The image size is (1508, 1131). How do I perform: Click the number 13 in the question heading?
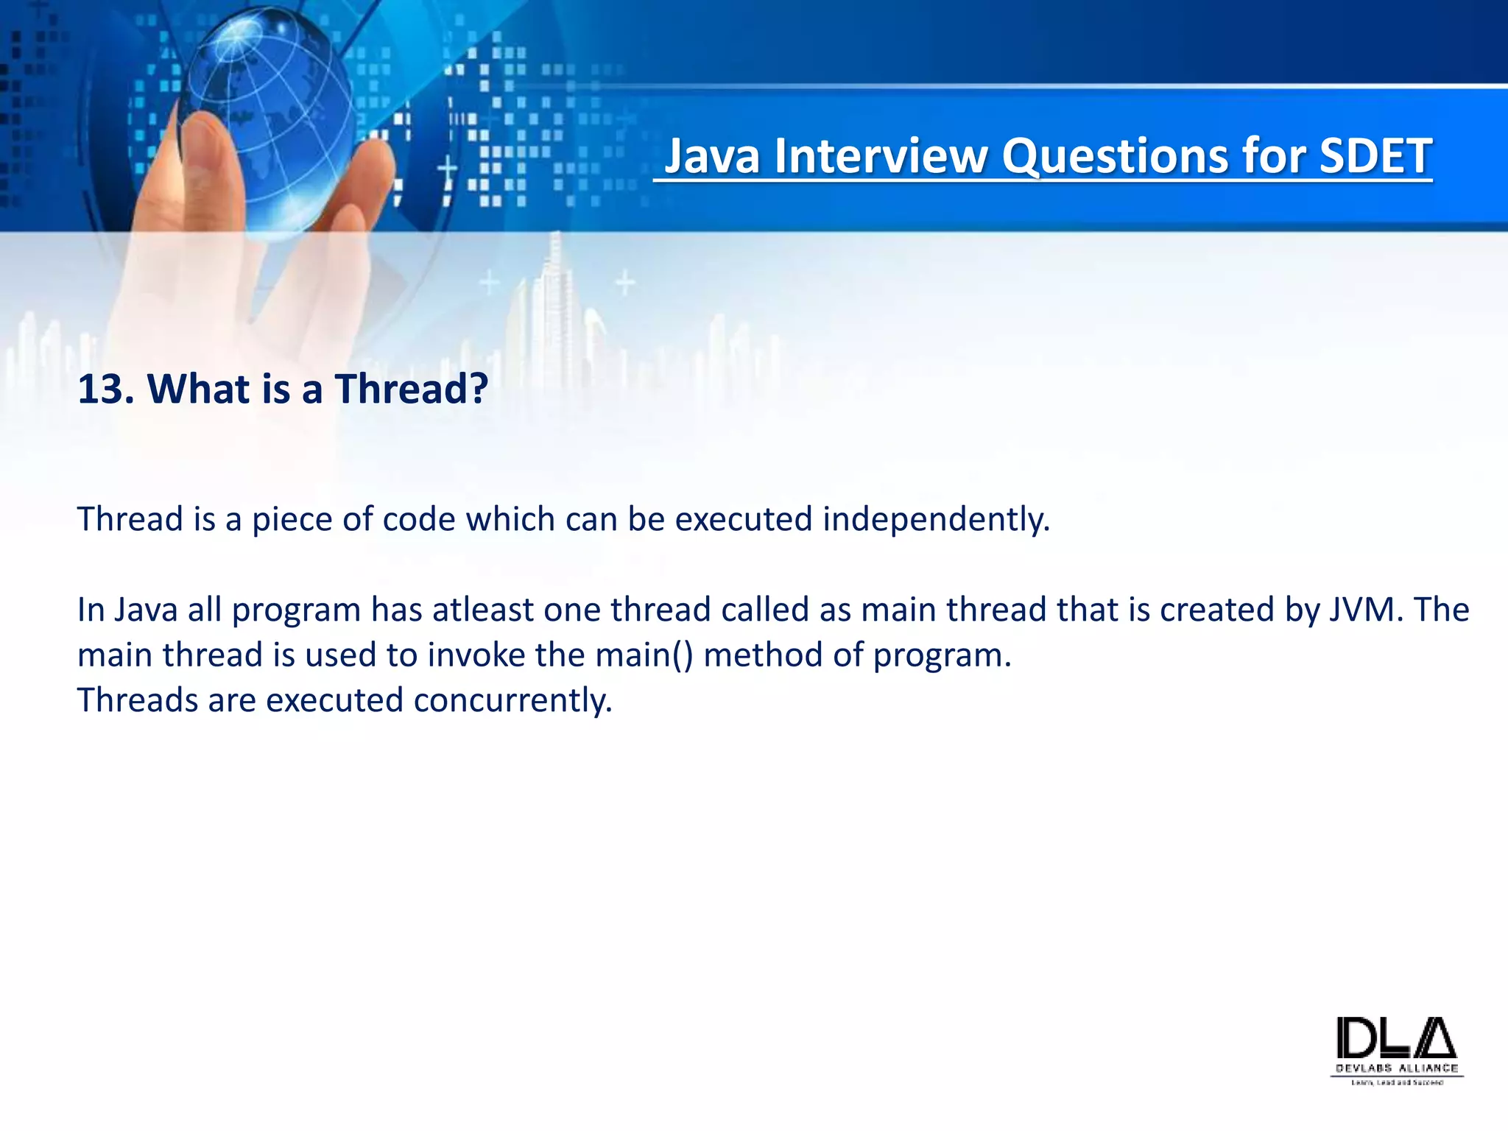tap(100, 389)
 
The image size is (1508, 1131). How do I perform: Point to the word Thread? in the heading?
tap(412, 389)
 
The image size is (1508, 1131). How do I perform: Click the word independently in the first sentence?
tap(936, 520)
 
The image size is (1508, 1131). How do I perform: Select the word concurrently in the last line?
tap(512, 700)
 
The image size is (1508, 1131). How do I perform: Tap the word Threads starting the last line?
tap(138, 700)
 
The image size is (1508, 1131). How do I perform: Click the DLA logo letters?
tap(1396, 1038)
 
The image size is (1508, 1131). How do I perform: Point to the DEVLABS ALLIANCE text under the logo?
tap(1397, 1068)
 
